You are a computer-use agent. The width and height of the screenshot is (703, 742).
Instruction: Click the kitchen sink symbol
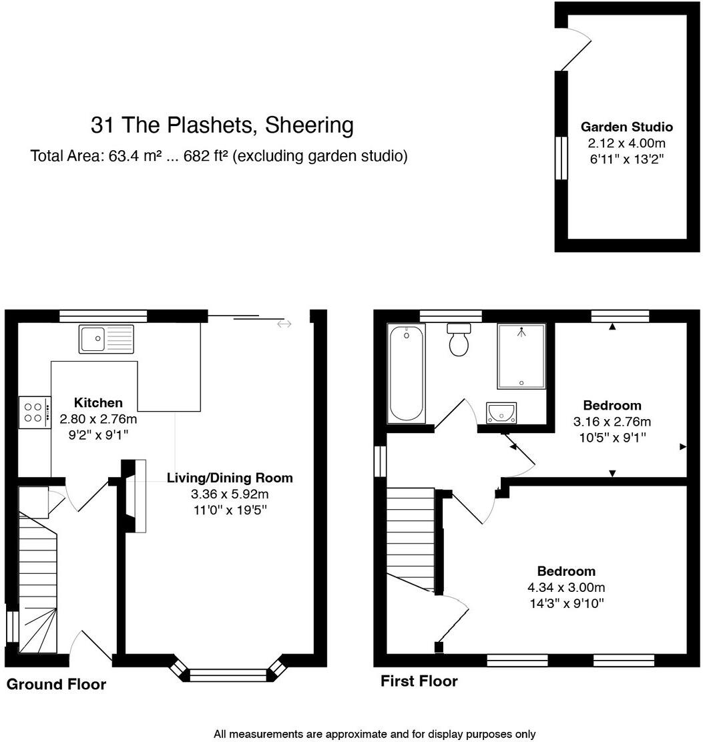pyautogui.click(x=106, y=339)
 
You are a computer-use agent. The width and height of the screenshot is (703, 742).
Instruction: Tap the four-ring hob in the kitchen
pyautogui.click(x=35, y=412)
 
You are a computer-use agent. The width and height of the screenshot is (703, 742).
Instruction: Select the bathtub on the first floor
pyautogui.click(x=406, y=374)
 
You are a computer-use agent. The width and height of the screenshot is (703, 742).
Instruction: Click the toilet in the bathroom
pyautogui.click(x=459, y=340)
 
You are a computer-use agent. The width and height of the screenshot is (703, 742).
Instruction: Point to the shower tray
pyautogui.click(x=521, y=356)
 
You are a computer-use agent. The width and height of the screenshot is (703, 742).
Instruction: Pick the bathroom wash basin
pyautogui.click(x=501, y=413)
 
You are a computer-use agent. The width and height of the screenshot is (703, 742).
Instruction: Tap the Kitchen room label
pyautogui.click(x=98, y=402)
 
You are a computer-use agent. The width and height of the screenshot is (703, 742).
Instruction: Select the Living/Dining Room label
pyautogui.click(x=230, y=478)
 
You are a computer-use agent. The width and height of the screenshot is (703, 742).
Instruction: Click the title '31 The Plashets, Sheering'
pyautogui.click(x=222, y=125)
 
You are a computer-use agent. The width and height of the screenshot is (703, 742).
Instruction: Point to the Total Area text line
pyautogui.click(x=219, y=156)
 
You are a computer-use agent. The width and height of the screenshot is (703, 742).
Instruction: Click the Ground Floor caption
pyautogui.click(x=56, y=684)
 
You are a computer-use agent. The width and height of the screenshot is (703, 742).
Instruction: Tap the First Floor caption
pyautogui.click(x=419, y=681)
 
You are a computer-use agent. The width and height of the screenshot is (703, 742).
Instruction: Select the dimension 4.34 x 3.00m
pyautogui.click(x=566, y=588)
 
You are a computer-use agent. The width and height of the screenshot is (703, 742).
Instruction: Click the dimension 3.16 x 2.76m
pyautogui.click(x=612, y=422)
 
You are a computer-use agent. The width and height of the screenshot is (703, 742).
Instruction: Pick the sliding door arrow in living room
pyautogui.click(x=284, y=324)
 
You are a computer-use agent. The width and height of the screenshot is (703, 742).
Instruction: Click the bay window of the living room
pyautogui.click(x=228, y=674)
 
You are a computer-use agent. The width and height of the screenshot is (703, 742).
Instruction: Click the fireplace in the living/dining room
pyautogui.click(x=136, y=495)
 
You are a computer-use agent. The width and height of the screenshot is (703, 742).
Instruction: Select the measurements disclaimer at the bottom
pyautogui.click(x=374, y=734)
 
